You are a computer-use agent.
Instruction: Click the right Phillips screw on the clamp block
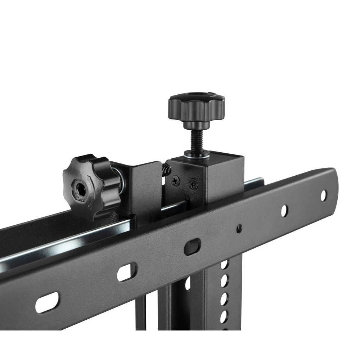pos(193,185)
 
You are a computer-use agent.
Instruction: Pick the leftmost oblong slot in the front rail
pos(47,302)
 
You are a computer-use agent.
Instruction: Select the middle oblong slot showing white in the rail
pos(127,272)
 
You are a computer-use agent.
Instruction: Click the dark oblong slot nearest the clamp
pos(192,247)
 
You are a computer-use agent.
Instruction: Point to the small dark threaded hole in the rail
pos(239,228)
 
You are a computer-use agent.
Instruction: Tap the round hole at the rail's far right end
pos(323,195)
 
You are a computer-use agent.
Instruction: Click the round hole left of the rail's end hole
pos(284,211)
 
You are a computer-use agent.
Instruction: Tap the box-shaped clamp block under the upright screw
pos(216,176)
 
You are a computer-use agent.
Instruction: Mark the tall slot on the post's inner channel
pos(188,283)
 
